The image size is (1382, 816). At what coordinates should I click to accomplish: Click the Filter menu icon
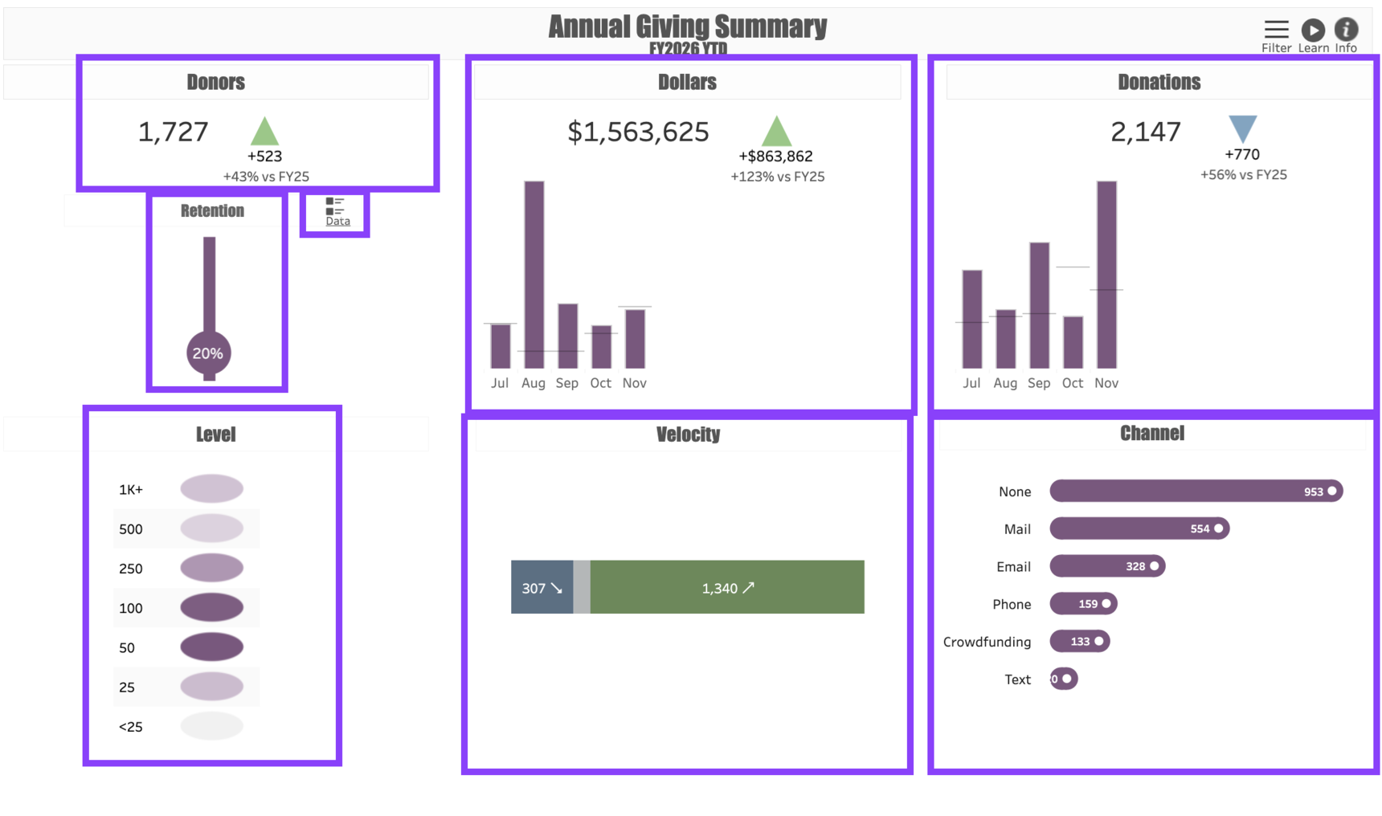[x=1275, y=31]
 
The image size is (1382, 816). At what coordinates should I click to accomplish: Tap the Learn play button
[x=1313, y=31]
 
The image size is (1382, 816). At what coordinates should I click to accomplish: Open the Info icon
[x=1346, y=30]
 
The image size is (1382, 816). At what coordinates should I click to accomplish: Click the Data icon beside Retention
[x=336, y=211]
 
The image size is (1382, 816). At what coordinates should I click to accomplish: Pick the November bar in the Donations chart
[x=1106, y=274]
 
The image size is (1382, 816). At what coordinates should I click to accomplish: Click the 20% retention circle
[x=208, y=353]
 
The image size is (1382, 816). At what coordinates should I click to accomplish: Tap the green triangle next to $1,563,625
[x=775, y=131]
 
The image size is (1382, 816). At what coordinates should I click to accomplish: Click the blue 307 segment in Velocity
[x=542, y=587]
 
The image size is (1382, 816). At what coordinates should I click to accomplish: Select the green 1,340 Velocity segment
[x=727, y=587]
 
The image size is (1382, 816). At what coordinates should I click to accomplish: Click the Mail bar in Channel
[x=1139, y=528]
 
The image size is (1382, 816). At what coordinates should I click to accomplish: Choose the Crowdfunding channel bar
[x=1079, y=641]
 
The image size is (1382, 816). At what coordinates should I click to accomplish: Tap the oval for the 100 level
[x=211, y=607]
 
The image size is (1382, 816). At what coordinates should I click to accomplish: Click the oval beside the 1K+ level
[x=211, y=488]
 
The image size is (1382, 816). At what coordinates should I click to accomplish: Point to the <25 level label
[x=131, y=727]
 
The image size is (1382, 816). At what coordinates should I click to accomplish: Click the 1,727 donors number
[x=174, y=132]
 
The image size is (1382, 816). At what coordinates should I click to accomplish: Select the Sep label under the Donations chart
[x=1039, y=383]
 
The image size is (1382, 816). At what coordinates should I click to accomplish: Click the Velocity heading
[x=688, y=435]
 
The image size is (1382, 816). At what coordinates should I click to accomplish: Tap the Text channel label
[x=1017, y=679]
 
